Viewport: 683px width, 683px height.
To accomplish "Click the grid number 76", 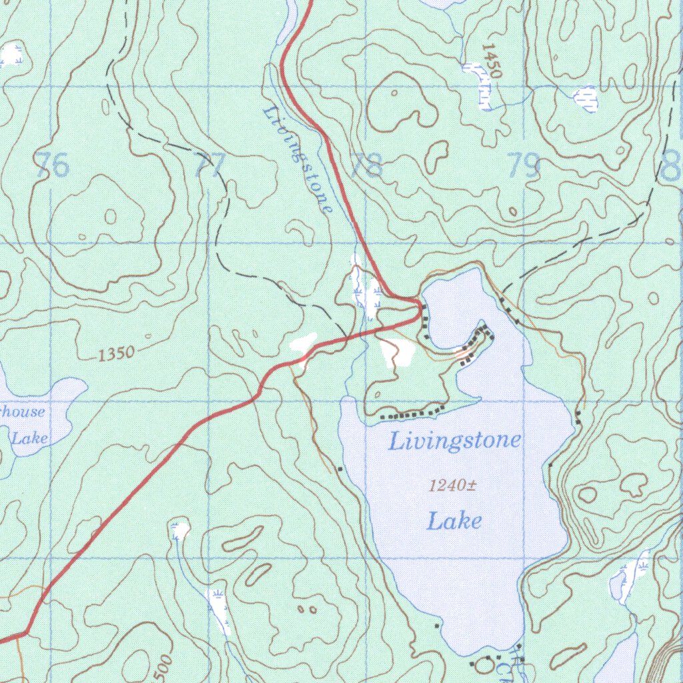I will pyautogui.click(x=53, y=165).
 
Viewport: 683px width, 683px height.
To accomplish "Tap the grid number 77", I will pyautogui.click(x=209, y=165).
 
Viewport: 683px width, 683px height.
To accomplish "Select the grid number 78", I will pyautogui.click(x=366, y=165).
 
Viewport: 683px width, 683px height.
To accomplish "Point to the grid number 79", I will pyautogui.click(x=523, y=165).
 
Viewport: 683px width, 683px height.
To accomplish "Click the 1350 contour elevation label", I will pyautogui.click(x=116, y=354).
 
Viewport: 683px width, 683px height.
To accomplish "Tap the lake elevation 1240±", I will pyautogui.click(x=452, y=486).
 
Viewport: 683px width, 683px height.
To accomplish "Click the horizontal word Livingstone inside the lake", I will pyautogui.click(x=454, y=441).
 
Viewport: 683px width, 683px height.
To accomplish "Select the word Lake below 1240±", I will pyautogui.click(x=454, y=520).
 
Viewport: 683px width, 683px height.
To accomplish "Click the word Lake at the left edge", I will pyautogui.click(x=30, y=438).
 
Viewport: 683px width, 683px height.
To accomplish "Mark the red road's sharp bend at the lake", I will pyautogui.click(x=419, y=305).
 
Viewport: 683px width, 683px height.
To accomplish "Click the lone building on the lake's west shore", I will pyautogui.click(x=340, y=470).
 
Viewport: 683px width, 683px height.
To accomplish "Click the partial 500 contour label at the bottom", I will pyautogui.click(x=162, y=669).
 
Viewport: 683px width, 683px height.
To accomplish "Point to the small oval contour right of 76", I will pyautogui.click(x=110, y=216).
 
